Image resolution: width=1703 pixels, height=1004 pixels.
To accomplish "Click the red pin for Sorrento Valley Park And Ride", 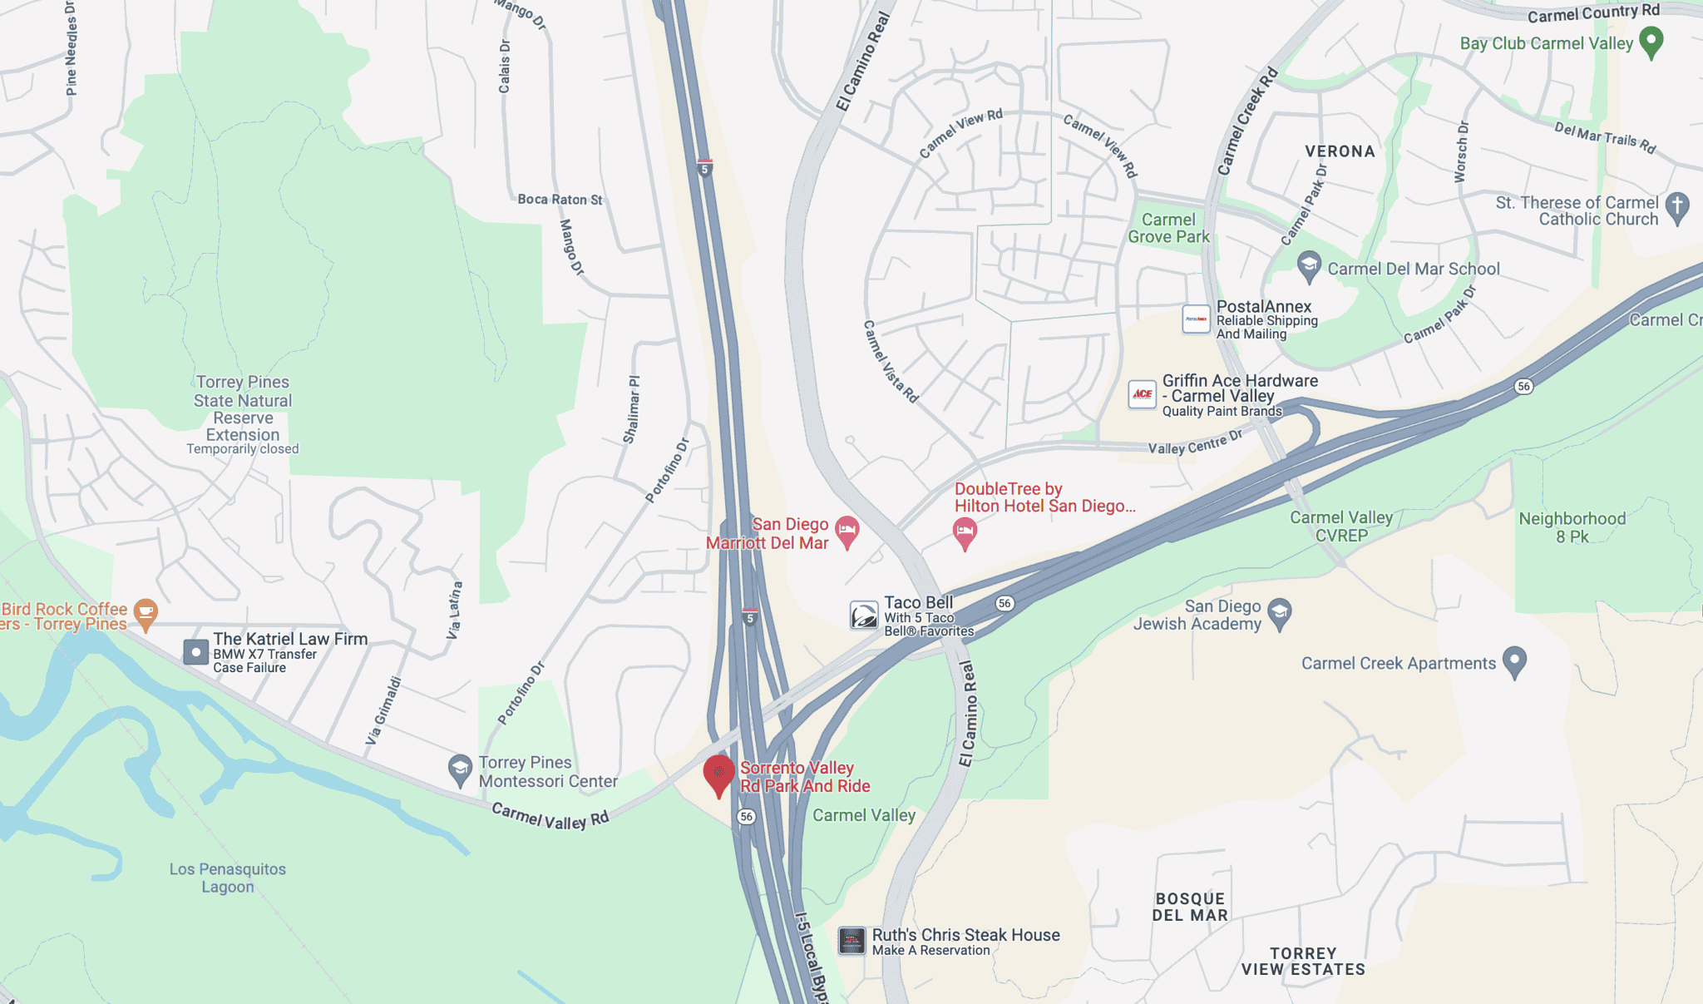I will point(718,773).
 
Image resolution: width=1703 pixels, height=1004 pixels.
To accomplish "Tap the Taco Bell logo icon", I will point(864,616).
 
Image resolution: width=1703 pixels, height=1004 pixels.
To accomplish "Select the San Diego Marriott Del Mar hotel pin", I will point(847,530).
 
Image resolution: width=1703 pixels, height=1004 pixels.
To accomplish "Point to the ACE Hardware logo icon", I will point(1143,394).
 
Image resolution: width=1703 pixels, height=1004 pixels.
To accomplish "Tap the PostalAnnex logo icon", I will point(1196,319).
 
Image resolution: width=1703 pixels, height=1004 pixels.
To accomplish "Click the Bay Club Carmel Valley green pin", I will point(1651,41).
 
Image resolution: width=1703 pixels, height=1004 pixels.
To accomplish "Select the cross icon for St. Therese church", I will point(1677,207).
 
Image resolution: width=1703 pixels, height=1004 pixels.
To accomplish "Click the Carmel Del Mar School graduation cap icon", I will point(1309,266).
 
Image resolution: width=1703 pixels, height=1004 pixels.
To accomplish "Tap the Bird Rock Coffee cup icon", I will point(146,613).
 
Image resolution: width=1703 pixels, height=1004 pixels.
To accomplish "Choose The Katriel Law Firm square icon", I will point(195,652).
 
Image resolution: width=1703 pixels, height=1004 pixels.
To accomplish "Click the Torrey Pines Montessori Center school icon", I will point(460,769).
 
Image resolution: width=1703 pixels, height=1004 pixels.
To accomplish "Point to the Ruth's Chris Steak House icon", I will point(851,941).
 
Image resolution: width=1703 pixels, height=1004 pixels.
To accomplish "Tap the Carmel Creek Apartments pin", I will point(1514,660).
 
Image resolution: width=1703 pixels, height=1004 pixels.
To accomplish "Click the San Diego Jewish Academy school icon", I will point(1280,613).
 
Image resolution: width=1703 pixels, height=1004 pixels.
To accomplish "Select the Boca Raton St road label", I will point(560,200).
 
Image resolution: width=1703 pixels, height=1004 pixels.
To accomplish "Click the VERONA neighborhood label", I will point(1340,151).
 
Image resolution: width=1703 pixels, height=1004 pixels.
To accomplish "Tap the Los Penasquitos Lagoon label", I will point(227,878).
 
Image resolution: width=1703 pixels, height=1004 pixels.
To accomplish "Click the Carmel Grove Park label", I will point(1168,228).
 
